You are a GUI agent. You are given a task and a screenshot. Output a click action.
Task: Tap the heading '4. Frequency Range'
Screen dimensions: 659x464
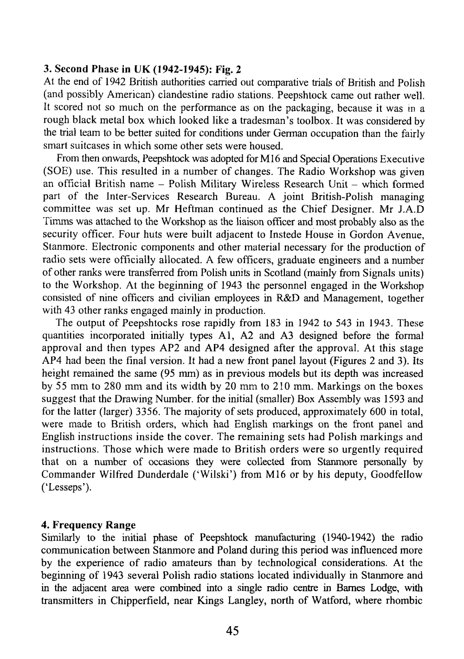[x=88, y=525]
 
